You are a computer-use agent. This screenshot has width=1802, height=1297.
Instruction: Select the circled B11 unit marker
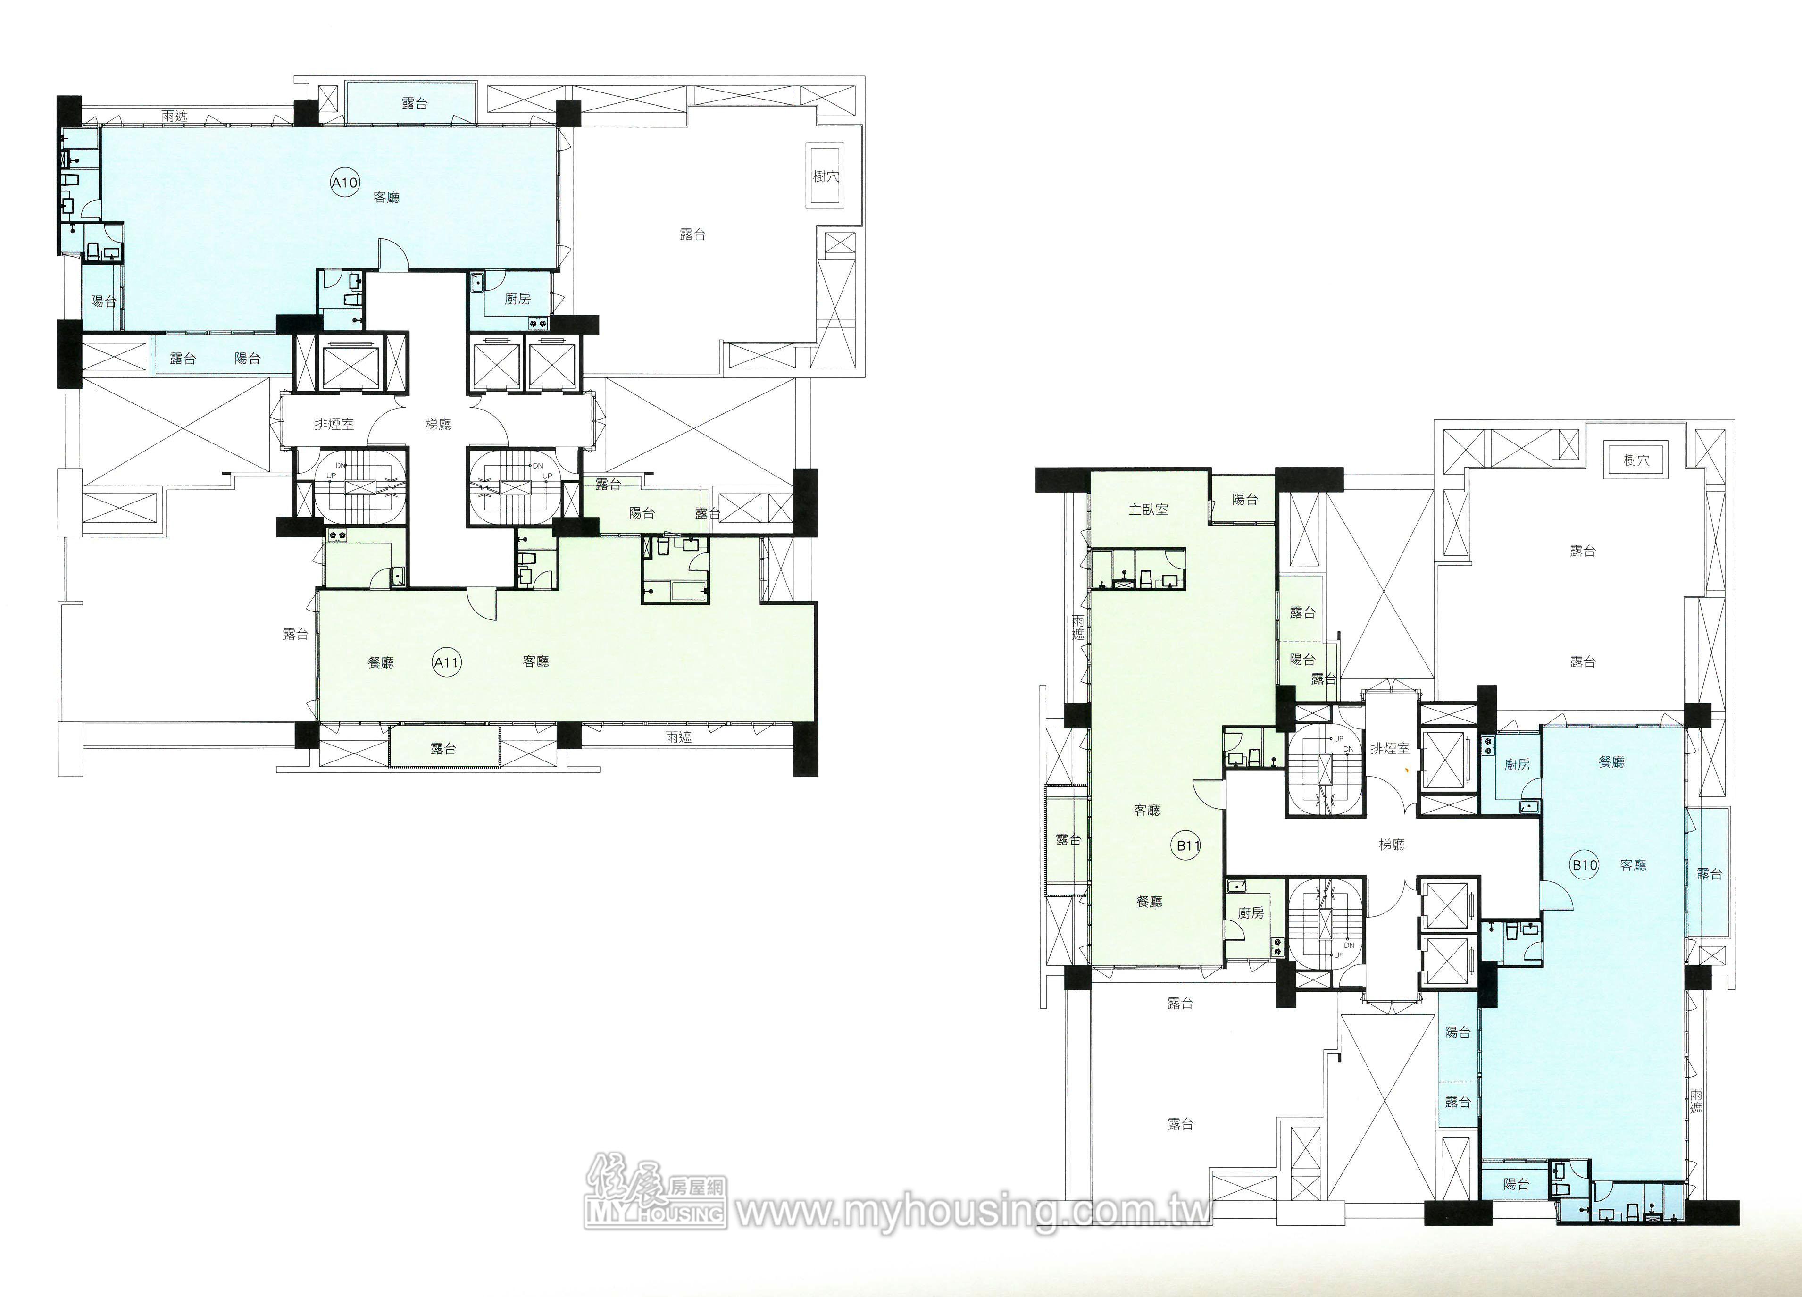[1188, 845]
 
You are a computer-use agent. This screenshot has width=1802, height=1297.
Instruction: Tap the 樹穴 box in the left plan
[826, 176]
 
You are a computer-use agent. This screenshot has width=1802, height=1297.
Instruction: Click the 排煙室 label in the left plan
[334, 424]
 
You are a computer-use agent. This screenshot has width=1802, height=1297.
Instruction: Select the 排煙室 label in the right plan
[1390, 748]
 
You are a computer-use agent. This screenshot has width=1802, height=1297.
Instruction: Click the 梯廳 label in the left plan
[438, 424]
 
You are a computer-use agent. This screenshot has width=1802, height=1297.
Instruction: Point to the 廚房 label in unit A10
[517, 299]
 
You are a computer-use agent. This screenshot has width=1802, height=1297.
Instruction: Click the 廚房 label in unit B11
[1251, 913]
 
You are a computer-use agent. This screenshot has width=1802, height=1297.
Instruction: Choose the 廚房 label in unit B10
[1517, 764]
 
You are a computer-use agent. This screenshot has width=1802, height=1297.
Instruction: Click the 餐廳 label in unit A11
[381, 662]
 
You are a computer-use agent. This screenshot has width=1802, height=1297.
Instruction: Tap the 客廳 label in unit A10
[386, 197]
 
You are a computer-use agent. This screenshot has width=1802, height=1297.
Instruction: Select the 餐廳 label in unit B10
[1611, 761]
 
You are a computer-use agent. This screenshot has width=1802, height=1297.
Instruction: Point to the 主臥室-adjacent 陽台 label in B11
[1245, 499]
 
